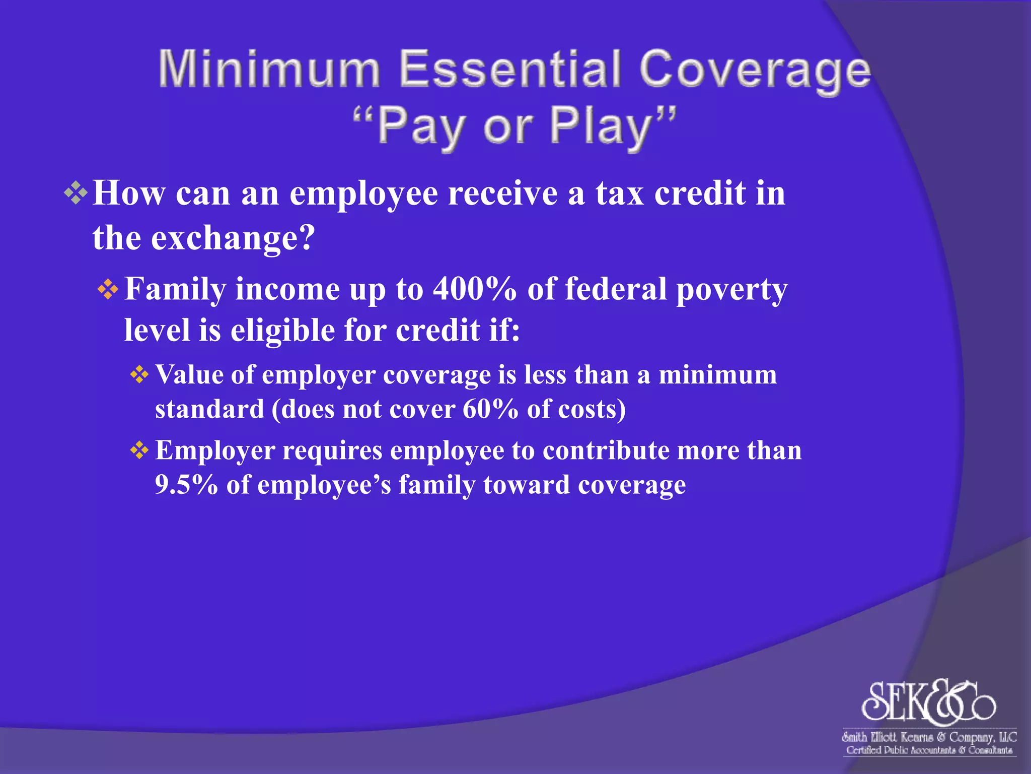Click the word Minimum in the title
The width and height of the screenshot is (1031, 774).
(x=269, y=69)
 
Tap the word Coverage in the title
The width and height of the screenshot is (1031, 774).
(x=755, y=72)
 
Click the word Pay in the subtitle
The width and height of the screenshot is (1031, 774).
(x=420, y=127)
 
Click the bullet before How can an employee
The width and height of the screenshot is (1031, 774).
(x=76, y=193)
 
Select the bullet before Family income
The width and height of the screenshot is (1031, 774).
(x=108, y=290)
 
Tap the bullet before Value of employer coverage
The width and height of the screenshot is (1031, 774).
(x=139, y=375)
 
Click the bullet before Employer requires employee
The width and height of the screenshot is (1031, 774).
(x=139, y=450)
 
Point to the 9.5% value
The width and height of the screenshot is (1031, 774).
(x=186, y=485)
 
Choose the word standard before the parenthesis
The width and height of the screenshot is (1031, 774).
(x=209, y=409)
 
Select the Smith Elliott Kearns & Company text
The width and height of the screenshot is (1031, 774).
(x=929, y=737)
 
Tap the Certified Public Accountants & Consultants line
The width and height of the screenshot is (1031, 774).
(x=929, y=750)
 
